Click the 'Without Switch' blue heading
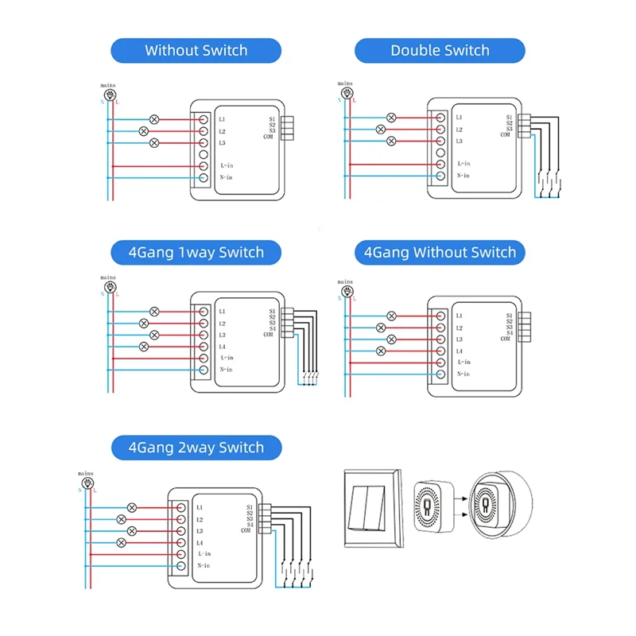click(196, 51)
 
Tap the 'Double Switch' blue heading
click(440, 51)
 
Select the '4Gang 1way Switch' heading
click(196, 253)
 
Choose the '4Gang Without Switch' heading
click(440, 253)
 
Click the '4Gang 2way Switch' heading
click(196, 448)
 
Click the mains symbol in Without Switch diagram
click(111, 93)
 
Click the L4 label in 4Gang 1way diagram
click(223, 347)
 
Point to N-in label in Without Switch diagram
click(225, 177)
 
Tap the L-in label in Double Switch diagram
click(463, 164)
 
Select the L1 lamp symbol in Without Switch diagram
click(154, 119)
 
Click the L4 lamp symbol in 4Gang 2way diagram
click(121, 542)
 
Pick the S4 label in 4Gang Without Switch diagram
click(507, 333)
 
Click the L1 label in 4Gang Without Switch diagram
click(460, 316)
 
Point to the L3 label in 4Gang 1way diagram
click(223, 335)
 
